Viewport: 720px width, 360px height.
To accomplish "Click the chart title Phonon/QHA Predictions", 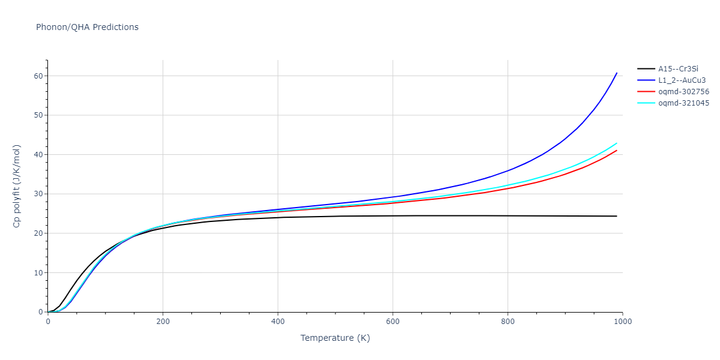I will [87, 27].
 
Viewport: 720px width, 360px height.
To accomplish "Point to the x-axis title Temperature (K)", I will [335, 338].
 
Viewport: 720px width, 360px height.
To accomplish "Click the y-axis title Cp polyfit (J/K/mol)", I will [17, 186].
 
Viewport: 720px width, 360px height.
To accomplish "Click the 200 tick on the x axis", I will [163, 321].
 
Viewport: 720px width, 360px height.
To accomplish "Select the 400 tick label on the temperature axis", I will [278, 321].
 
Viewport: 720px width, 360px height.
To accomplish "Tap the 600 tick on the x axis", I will [392, 321].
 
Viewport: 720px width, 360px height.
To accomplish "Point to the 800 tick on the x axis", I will [508, 321].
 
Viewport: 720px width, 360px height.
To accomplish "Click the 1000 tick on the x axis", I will [622, 321].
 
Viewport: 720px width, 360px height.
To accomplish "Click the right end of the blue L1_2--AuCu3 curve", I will [617, 73].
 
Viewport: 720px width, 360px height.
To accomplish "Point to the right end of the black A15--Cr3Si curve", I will [617, 216].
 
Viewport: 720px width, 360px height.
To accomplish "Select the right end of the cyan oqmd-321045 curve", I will [617, 143].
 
